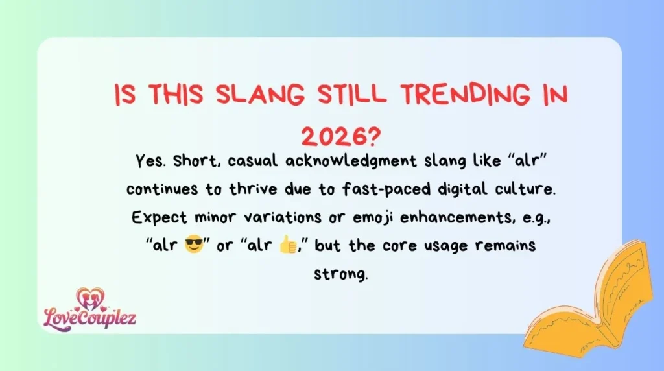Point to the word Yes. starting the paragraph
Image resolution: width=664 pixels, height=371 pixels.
pyautogui.click(x=151, y=161)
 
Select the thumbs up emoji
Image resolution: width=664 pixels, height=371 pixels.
pyautogui.click(x=287, y=245)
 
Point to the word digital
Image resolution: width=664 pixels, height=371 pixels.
pyautogui.click(x=441, y=189)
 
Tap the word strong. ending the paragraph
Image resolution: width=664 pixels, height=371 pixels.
pyautogui.click(x=341, y=274)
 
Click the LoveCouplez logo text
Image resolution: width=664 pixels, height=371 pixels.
pyautogui.click(x=89, y=318)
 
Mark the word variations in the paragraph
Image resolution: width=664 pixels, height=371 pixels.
pyautogui.click(x=272, y=217)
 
